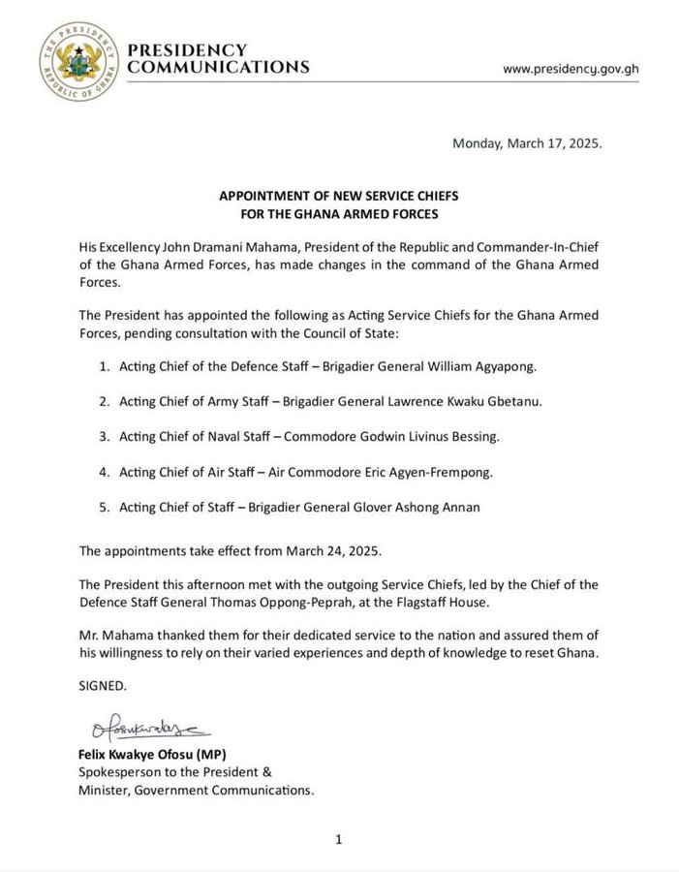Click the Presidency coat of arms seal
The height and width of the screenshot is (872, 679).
pos(80,59)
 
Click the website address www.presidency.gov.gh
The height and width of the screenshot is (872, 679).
pos(571,70)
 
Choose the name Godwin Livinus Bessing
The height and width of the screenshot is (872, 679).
pos(436,437)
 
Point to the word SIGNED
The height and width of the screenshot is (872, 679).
pos(103,685)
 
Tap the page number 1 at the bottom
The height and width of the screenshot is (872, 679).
pos(339,840)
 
